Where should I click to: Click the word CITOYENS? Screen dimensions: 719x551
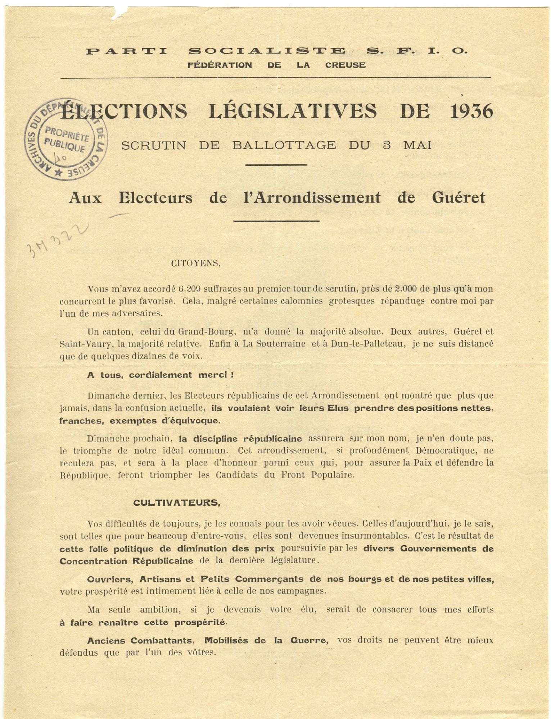tap(196, 263)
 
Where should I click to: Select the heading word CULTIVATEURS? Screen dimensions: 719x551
tap(176, 503)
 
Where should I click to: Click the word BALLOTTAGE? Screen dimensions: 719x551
tap(284, 145)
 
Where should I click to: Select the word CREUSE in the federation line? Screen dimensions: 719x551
tap(345, 65)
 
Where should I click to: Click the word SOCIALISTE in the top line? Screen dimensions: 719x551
tap(267, 51)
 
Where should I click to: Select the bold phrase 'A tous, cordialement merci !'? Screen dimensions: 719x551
tap(161, 375)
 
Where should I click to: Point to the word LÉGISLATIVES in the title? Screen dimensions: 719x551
tap(293, 111)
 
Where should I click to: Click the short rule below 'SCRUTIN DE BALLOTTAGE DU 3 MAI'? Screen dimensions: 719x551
tap(276, 165)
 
